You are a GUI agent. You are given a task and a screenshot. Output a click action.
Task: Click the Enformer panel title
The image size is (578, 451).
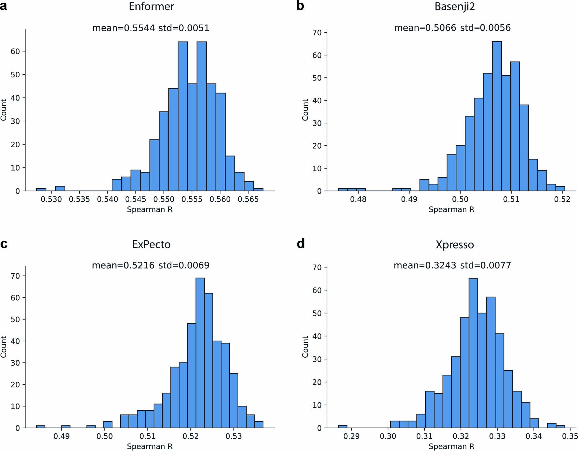[x=151, y=6]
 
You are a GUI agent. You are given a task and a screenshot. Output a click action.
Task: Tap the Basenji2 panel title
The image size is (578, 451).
[x=455, y=6]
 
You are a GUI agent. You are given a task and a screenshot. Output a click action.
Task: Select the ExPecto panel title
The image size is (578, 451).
[x=151, y=244]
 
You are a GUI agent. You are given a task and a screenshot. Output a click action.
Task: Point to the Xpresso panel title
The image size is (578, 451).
[x=455, y=244]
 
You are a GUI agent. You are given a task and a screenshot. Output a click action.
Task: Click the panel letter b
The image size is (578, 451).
[x=300, y=6]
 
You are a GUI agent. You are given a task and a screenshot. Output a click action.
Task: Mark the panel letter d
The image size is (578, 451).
[x=300, y=244]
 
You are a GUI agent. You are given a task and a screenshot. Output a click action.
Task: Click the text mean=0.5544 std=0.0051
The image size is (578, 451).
[x=151, y=28]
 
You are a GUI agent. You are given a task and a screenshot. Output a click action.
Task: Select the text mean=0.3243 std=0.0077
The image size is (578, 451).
[x=452, y=265]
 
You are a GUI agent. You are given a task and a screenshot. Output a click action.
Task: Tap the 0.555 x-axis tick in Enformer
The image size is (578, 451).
[x=192, y=199]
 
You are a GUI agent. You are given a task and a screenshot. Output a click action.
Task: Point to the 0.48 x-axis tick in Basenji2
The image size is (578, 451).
[x=358, y=199]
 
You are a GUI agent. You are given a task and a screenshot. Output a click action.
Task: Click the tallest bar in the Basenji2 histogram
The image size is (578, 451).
[x=497, y=116]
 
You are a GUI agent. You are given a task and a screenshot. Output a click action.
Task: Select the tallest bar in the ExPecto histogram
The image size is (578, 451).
[x=200, y=352]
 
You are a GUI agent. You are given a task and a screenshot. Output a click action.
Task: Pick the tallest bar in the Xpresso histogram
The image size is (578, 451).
[x=473, y=352]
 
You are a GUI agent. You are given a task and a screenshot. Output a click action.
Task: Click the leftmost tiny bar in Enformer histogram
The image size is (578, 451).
[x=41, y=190]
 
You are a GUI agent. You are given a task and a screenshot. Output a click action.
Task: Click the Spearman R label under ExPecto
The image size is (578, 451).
[x=150, y=446]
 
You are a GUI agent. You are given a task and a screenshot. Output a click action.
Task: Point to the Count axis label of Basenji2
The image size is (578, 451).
[x=305, y=110]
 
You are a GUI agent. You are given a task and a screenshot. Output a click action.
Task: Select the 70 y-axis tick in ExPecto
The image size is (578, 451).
[x=16, y=276]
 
